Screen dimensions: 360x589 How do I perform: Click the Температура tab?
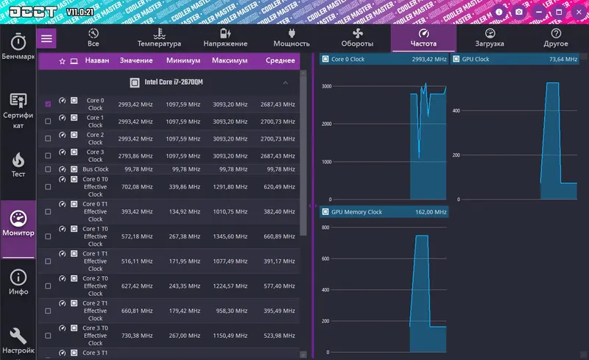coord(159,38)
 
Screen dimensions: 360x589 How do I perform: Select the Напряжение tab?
coord(225,38)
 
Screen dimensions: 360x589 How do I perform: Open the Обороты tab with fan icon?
coord(357,38)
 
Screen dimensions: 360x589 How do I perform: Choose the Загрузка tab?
coord(489,38)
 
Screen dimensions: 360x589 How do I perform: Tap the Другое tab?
coord(555,38)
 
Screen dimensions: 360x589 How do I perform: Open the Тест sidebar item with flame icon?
coord(18,164)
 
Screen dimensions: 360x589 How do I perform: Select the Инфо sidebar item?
coord(18,283)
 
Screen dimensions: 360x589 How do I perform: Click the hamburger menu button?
coord(47,38)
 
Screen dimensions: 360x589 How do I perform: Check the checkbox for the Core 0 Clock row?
coord(48,104)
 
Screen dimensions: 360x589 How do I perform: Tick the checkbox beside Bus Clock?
coord(48,169)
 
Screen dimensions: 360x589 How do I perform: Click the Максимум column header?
coord(230,60)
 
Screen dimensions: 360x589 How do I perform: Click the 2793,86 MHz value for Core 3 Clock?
coord(135,155)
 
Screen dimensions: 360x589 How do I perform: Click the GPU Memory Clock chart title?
coord(357,212)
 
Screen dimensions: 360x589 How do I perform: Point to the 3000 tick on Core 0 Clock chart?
coord(325,86)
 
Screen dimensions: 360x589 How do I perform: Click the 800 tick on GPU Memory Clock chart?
coord(325,227)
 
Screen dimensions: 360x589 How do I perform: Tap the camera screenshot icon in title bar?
coord(519,12)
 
